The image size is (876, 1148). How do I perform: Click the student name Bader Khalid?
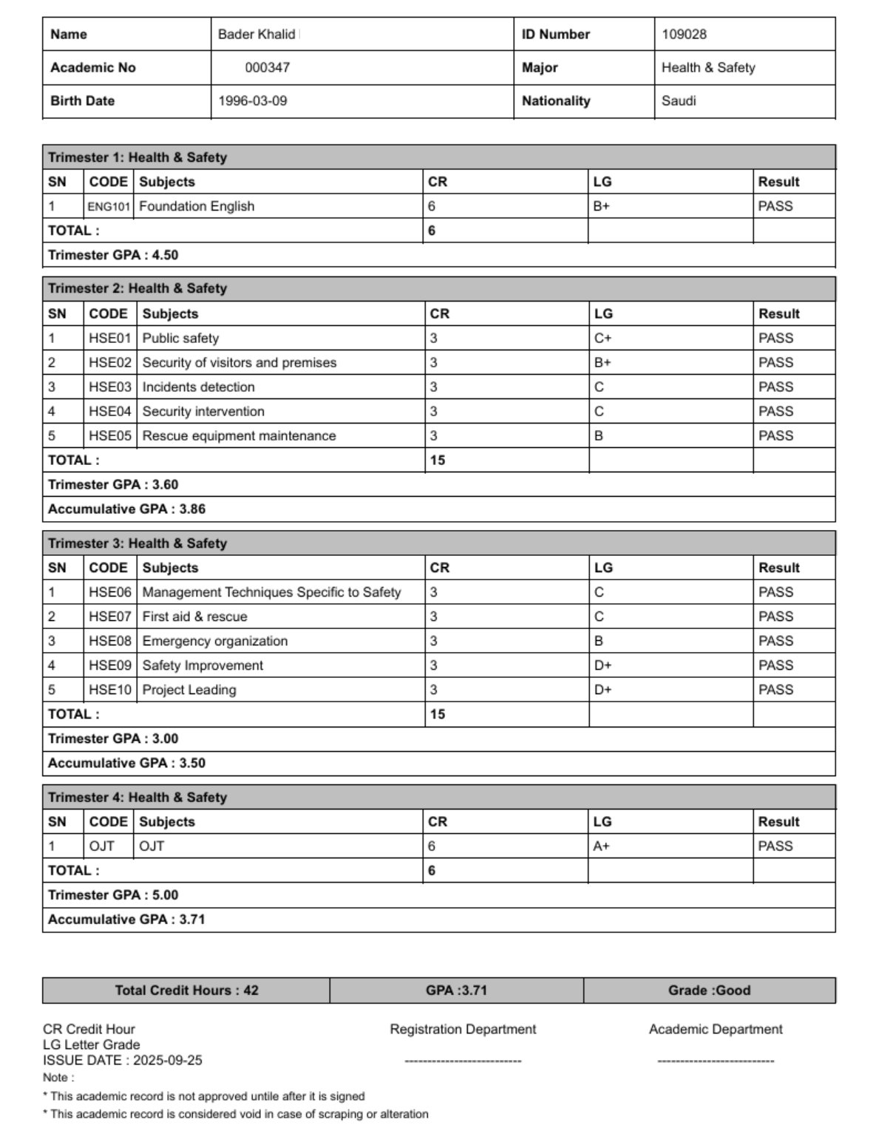(x=257, y=34)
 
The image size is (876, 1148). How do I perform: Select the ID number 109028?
(x=684, y=34)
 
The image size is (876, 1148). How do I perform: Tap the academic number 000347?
(x=268, y=67)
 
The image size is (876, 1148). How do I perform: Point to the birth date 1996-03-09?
(x=253, y=101)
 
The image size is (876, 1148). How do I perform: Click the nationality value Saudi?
(x=679, y=101)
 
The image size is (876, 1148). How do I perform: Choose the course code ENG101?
(x=109, y=206)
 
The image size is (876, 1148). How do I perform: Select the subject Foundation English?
(x=197, y=206)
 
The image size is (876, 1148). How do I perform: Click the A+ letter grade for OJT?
(x=602, y=846)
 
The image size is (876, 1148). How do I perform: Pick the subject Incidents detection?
(x=198, y=387)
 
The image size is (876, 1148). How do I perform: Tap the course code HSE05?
(x=109, y=435)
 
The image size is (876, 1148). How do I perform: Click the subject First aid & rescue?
(x=194, y=617)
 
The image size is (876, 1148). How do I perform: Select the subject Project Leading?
(x=189, y=690)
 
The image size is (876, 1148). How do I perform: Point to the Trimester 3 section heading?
(x=137, y=543)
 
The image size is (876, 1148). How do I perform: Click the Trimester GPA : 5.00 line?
(x=113, y=894)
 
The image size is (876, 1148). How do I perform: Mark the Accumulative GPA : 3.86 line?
(x=126, y=509)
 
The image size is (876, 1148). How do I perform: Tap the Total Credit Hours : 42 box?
(x=186, y=991)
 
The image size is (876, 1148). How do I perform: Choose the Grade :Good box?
(x=709, y=991)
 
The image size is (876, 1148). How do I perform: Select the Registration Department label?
(x=463, y=1029)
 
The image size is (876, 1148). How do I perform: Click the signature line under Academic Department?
(x=715, y=1061)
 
